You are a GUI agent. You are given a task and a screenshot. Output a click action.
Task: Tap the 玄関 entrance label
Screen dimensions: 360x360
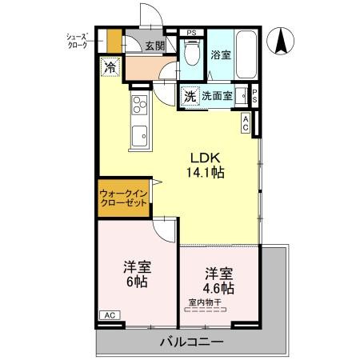click(x=155, y=46)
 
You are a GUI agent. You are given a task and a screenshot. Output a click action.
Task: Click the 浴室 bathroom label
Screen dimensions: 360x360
click(x=220, y=56)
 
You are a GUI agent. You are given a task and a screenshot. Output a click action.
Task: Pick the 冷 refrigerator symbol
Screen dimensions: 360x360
click(x=109, y=68)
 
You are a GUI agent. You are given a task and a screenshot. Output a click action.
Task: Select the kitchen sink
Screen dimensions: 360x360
click(x=138, y=135)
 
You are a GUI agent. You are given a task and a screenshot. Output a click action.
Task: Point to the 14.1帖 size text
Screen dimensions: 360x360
click(x=204, y=170)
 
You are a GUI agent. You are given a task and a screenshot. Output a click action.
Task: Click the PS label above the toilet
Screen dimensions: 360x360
click(x=190, y=33)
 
